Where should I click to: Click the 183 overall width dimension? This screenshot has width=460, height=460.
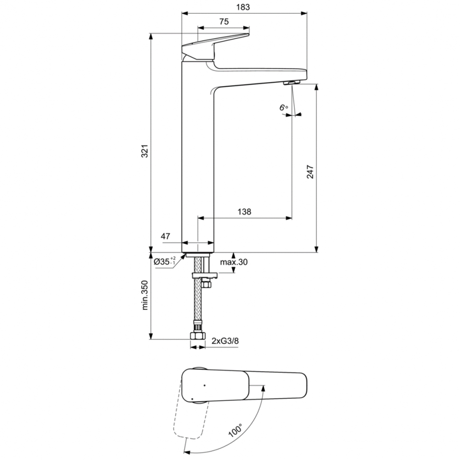(x=243, y=7)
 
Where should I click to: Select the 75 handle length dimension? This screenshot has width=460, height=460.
(x=224, y=22)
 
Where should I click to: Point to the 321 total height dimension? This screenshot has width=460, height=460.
(x=145, y=151)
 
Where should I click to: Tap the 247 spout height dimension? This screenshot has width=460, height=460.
(x=310, y=172)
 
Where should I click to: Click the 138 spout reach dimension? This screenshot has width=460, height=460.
(x=244, y=212)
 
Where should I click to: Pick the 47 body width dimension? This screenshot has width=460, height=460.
(x=166, y=236)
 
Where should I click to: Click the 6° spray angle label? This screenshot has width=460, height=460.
(x=284, y=107)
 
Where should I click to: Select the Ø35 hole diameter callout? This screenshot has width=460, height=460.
(x=165, y=261)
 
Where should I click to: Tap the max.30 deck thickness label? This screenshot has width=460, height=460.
(x=234, y=262)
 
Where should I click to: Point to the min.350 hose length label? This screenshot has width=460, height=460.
(x=145, y=295)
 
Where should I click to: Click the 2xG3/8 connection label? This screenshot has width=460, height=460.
(x=225, y=341)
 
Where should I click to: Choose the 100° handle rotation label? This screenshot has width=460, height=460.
(x=235, y=431)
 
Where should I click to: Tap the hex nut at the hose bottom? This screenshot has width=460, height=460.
(x=198, y=336)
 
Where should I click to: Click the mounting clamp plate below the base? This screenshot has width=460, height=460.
(x=204, y=276)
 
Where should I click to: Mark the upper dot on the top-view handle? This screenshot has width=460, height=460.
(x=204, y=385)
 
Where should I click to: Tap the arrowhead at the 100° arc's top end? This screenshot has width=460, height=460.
(x=263, y=387)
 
